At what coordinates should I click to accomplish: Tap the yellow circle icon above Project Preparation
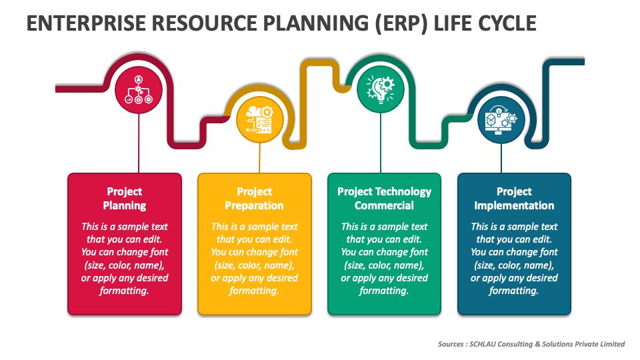[x=260, y=121]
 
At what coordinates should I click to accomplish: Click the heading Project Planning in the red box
[x=125, y=199]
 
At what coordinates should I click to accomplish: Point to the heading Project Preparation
[x=255, y=199]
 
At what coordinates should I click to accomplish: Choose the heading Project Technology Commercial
[x=384, y=199]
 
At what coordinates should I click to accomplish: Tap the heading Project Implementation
[x=514, y=199]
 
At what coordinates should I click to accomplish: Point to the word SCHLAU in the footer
[x=485, y=344]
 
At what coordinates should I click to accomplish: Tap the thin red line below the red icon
[x=138, y=143]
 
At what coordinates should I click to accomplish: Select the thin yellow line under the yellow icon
[x=260, y=160]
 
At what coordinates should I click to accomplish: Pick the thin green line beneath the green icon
[x=381, y=143]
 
